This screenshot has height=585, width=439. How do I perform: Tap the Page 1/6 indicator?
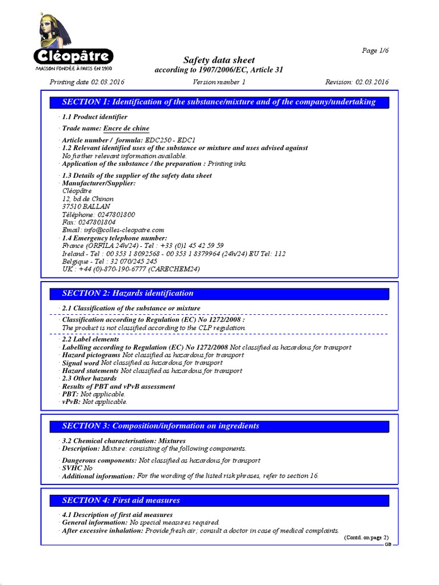point(376,50)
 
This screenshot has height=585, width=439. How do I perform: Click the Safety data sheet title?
point(219,60)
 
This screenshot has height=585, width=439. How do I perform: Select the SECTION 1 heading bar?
point(219,102)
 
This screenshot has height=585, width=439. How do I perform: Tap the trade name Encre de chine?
point(126,129)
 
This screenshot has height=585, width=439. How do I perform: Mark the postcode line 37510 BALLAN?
point(86,206)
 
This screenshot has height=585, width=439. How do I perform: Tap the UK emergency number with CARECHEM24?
point(131,269)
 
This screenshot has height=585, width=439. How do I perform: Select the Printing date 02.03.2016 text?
point(87,82)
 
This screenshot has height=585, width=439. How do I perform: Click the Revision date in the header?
point(357,82)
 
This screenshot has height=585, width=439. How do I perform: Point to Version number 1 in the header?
point(219,82)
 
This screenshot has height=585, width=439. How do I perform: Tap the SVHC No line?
point(77,468)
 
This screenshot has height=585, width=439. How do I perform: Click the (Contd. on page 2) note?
point(366,538)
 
